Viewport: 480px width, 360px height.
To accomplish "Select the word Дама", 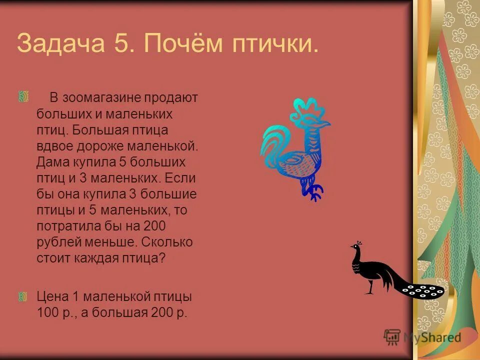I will (x=53, y=162).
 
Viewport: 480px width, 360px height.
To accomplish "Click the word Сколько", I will (x=167, y=242).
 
